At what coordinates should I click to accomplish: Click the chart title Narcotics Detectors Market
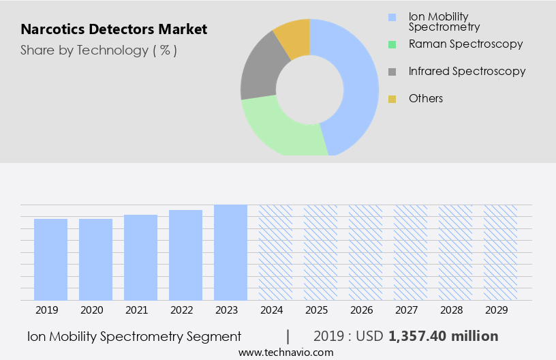click(x=114, y=30)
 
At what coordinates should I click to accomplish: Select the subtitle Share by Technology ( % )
click(x=99, y=50)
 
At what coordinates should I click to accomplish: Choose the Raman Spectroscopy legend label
click(x=465, y=44)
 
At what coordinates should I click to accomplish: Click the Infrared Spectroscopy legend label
click(x=467, y=71)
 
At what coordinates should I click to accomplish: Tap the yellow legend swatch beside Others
click(x=392, y=99)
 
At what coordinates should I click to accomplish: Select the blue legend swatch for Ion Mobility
click(x=392, y=17)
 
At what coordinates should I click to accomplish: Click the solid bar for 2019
click(x=50, y=259)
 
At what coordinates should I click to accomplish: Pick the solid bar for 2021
click(x=140, y=257)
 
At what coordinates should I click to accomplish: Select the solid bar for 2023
click(x=230, y=252)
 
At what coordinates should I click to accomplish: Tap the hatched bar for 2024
click(x=275, y=252)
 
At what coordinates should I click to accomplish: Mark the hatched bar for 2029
click(x=500, y=252)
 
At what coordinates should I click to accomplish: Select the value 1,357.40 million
click(x=444, y=336)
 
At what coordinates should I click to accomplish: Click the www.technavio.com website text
click(x=286, y=352)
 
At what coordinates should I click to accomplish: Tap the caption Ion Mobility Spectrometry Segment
click(x=134, y=336)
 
